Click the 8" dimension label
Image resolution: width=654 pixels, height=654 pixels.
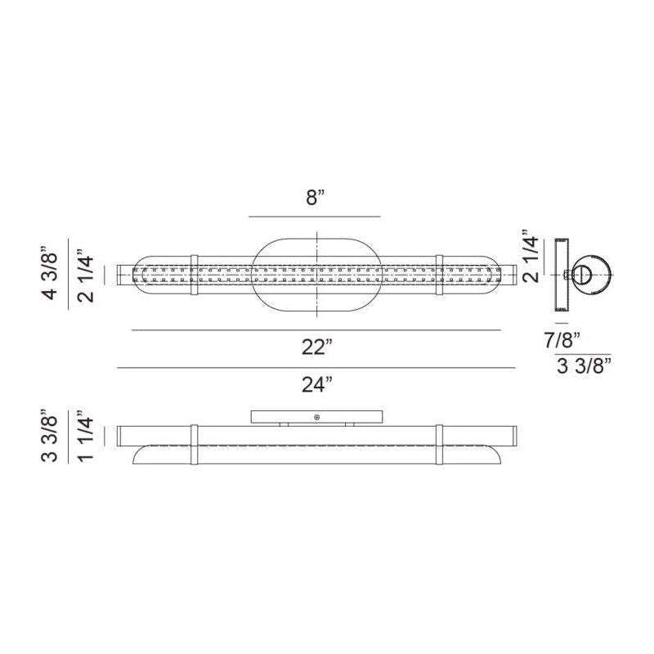pos(316,197)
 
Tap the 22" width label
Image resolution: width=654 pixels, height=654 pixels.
pos(317,347)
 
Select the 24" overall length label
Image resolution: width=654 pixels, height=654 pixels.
pos(317,384)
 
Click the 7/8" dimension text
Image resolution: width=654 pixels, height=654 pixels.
pos(562,340)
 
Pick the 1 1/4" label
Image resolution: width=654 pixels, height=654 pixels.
pos(86,436)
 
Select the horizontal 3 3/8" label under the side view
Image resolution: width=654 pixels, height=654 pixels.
pos(584,365)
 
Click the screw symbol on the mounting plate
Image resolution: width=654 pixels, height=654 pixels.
pos(317,417)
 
